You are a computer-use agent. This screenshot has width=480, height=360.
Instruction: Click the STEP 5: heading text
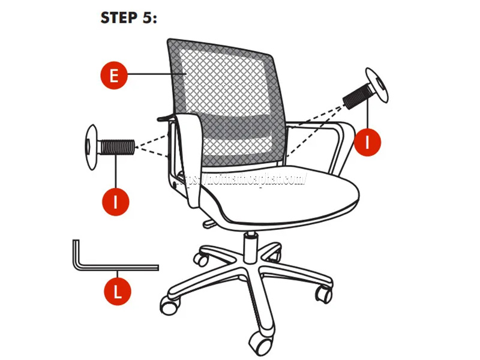[x=128, y=18]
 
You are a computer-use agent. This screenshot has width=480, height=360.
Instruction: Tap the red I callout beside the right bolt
[x=368, y=142]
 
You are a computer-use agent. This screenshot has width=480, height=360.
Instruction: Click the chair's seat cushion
[x=288, y=195]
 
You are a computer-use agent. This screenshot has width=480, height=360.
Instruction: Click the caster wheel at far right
[x=325, y=294]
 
